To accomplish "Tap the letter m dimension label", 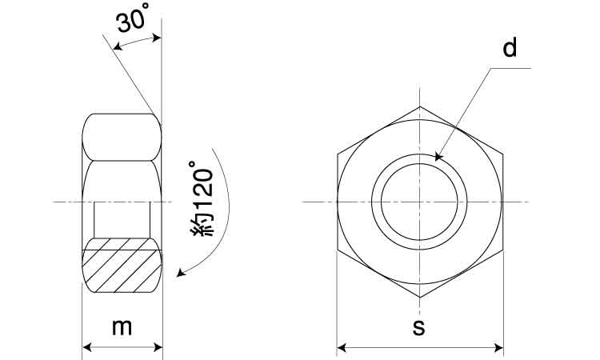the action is click(x=122, y=327).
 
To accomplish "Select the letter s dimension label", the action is click(x=419, y=327).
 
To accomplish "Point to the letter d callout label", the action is click(x=510, y=48).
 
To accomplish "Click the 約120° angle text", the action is click(x=202, y=198).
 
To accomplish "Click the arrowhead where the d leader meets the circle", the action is click(x=438, y=157).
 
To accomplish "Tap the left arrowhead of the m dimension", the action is click(x=87, y=347).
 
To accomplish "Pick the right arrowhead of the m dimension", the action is click(x=158, y=347).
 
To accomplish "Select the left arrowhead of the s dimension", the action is click(x=342, y=348).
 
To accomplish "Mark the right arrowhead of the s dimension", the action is click(x=498, y=348).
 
